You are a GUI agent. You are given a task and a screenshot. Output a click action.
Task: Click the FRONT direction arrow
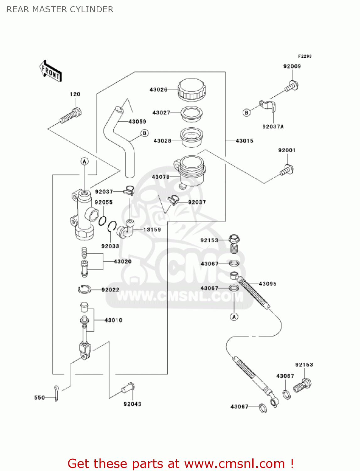(x=50, y=71)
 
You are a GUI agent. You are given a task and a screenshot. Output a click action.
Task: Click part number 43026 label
(x=158, y=89)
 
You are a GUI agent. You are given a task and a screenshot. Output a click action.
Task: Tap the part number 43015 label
(x=244, y=141)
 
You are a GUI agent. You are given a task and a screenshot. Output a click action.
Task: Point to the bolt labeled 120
(x=70, y=116)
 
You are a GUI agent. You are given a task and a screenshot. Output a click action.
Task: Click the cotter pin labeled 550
(x=56, y=393)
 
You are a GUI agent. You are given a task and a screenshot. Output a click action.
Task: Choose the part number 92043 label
(x=132, y=404)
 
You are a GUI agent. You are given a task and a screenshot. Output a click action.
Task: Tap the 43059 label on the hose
(x=137, y=122)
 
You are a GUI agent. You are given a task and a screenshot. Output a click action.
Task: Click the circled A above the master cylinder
(x=84, y=161)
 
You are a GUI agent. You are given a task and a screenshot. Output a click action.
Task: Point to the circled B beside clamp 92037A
(x=247, y=112)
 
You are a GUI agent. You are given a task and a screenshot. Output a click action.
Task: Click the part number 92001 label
(x=287, y=150)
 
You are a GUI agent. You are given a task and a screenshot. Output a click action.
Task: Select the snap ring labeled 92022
(x=84, y=289)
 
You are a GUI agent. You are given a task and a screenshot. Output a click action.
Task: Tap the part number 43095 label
(x=267, y=284)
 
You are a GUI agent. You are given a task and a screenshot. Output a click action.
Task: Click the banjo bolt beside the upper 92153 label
(x=234, y=243)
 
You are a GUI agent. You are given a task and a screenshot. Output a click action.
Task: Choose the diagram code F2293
(x=304, y=56)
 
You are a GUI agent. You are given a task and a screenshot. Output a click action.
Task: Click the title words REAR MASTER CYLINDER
(x=60, y=9)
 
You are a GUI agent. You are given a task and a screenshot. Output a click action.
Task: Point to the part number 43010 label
(x=113, y=320)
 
